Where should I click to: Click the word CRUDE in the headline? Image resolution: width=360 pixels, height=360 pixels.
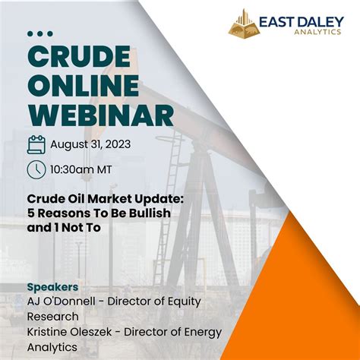(x=79, y=58)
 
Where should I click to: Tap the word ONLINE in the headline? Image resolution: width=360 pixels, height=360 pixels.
(x=84, y=85)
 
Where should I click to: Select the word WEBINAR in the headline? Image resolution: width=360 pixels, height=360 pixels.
(x=100, y=114)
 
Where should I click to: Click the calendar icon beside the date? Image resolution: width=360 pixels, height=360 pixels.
(x=36, y=145)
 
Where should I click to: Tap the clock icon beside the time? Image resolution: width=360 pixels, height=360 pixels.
(x=36, y=169)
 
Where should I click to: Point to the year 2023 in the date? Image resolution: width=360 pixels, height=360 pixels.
(x=118, y=144)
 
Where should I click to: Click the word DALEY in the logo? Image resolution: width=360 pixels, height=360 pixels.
(x=321, y=22)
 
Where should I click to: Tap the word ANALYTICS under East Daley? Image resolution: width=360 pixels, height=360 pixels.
(x=317, y=32)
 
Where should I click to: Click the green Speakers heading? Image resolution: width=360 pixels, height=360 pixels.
(x=52, y=287)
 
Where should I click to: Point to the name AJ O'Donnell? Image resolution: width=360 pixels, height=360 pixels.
(x=62, y=302)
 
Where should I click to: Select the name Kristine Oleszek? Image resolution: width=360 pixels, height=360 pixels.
(x=69, y=332)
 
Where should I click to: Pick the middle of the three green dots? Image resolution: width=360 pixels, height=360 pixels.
(x=40, y=33)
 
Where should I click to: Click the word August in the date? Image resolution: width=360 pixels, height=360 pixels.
(x=67, y=145)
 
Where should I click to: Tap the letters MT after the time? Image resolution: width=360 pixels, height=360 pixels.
(x=105, y=169)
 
